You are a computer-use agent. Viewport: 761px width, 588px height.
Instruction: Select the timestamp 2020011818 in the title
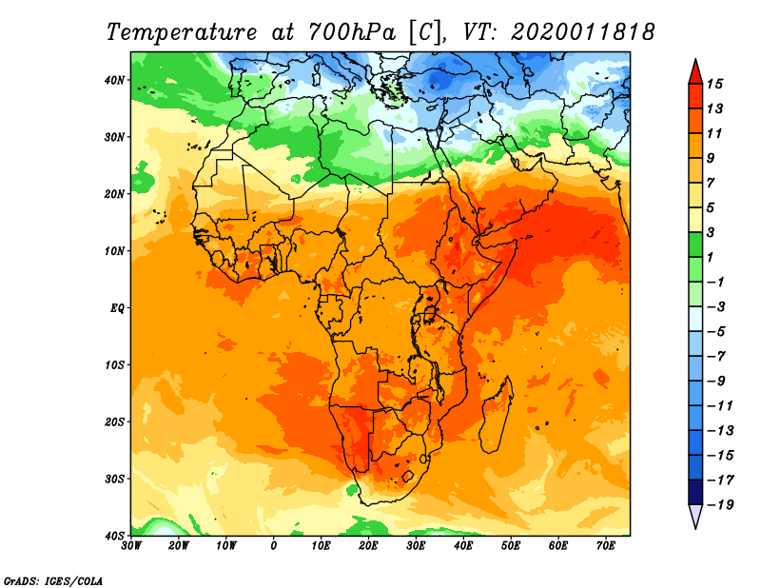point(582,31)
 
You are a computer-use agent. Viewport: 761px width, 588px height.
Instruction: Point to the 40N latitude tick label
point(114,80)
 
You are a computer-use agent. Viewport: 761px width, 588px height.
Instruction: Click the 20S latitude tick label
point(114,421)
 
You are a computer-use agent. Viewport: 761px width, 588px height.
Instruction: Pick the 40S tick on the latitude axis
point(114,535)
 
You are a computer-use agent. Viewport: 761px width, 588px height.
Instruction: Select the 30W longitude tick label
point(132,546)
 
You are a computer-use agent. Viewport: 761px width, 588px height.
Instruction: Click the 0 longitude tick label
point(274,546)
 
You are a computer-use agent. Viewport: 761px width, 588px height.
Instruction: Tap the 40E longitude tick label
point(463,546)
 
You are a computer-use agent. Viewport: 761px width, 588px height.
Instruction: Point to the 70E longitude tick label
point(606,546)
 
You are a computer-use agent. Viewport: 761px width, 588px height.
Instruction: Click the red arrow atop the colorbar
point(695,70)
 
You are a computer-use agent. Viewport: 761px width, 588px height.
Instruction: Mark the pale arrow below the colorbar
point(695,517)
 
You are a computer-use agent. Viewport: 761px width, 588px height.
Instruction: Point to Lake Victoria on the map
point(431,313)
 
